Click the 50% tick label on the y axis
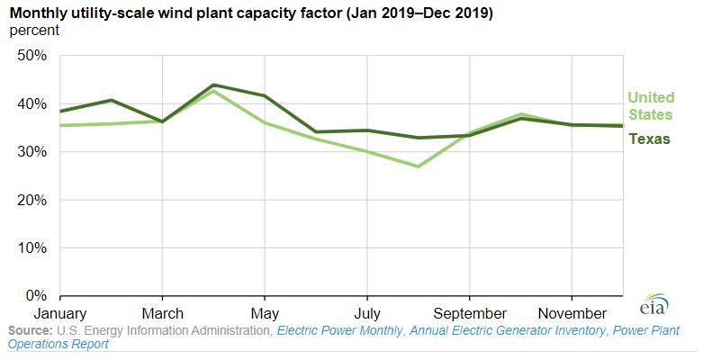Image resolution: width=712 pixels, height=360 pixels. click(x=32, y=56)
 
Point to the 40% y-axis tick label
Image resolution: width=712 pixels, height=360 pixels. click(x=32, y=103)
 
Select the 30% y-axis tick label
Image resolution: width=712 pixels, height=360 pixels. click(x=32, y=152)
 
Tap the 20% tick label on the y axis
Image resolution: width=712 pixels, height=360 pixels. click(x=32, y=200)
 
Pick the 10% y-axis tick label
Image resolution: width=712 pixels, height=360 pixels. click(x=32, y=247)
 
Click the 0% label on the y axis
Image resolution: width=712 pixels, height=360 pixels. click(x=36, y=296)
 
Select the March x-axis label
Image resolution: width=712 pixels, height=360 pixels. click(x=162, y=313)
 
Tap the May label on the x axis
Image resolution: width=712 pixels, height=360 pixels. click(x=265, y=313)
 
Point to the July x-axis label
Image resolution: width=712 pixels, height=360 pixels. click(x=366, y=313)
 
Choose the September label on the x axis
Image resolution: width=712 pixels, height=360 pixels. click(x=469, y=313)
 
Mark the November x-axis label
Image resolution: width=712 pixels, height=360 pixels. click(x=572, y=313)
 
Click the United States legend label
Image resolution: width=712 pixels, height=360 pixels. click(x=651, y=106)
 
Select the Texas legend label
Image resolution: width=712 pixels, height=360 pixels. click(x=649, y=139)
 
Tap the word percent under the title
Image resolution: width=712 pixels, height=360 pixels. click(x=34, y=31)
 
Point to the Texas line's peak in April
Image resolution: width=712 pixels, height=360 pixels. click(x=213, y=85)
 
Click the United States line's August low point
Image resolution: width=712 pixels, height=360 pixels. click(x=418, y=166)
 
